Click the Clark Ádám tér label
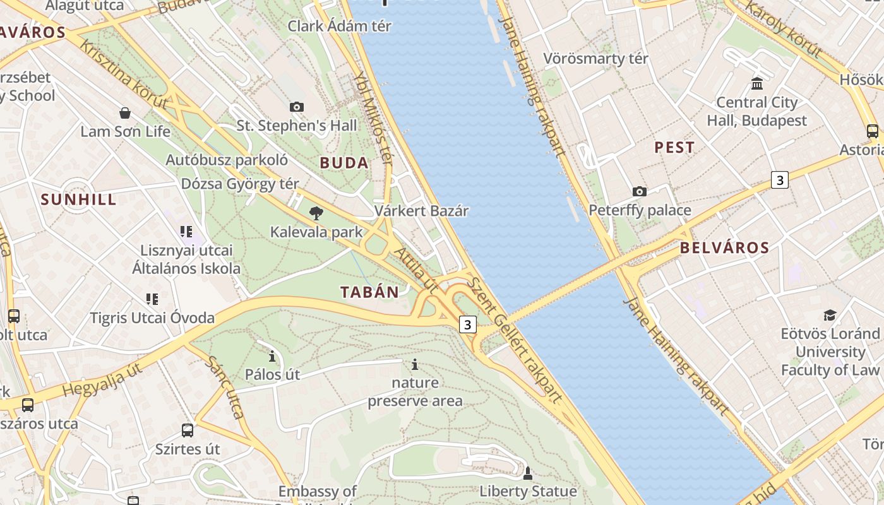(339, 26)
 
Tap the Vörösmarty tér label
(595, 59)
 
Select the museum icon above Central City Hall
(756, 83)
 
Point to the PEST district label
(674, 148)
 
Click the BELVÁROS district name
(725, 247)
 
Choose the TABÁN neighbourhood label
(370, 292)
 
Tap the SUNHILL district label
(79, 199)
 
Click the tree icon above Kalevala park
(316, 213)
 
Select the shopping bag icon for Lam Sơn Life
(125, 113)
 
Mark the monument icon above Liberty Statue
(528, 472)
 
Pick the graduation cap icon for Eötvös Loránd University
(830, 315)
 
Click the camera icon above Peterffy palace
(640, 191)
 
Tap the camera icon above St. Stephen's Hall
(296, 107)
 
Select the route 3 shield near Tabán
(467, 324)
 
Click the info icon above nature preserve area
(415, 364)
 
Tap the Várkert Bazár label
(421, 211)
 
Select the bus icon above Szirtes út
(188, 431)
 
